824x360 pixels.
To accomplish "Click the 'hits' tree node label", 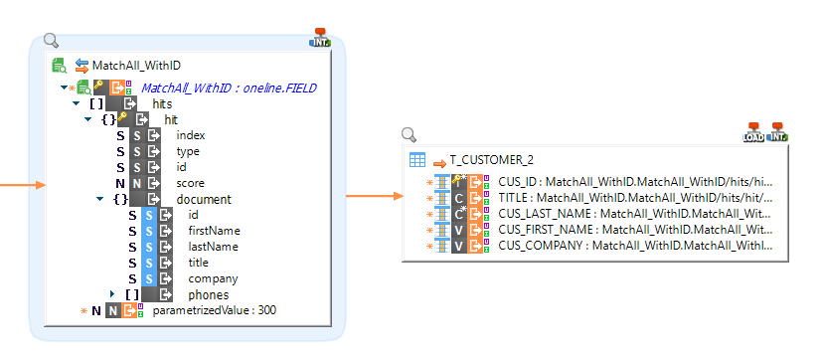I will click(162, 103).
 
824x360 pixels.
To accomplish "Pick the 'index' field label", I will click(191, 135).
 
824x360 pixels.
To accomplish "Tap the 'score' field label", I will click(191, 183).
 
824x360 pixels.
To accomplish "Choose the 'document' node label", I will click(204, 199).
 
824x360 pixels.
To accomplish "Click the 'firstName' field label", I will click(214, 231).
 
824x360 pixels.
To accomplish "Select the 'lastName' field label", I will click(214, 247).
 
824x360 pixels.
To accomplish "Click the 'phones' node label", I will click(209, 294).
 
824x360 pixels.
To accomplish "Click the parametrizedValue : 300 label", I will click(214, 311).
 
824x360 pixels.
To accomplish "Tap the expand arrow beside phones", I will click(113, 294).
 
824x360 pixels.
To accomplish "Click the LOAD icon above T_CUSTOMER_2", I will click(753, 133).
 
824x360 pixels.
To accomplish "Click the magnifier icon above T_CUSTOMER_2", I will click(409, 134).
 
